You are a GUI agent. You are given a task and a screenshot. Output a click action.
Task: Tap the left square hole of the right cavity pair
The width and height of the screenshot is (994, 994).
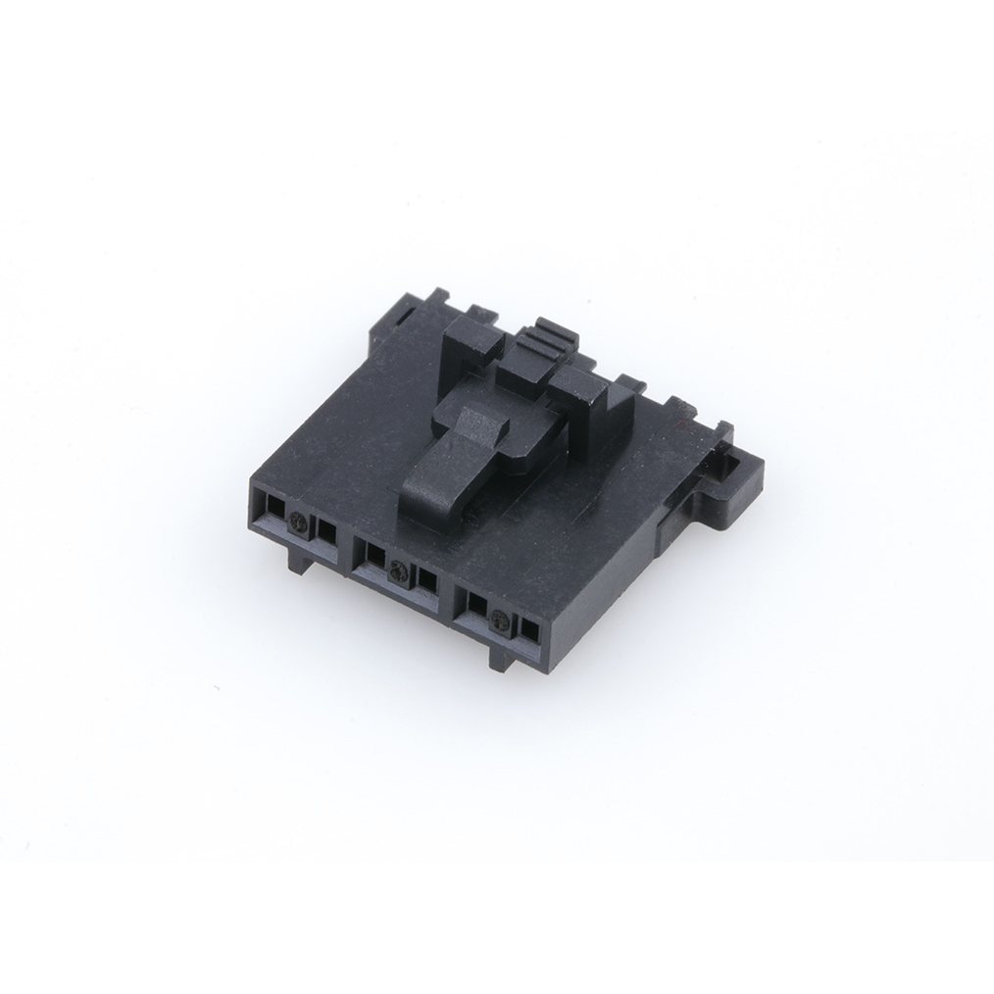click(476, 604)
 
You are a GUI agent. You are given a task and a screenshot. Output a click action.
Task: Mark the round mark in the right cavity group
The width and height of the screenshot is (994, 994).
click(501, 620)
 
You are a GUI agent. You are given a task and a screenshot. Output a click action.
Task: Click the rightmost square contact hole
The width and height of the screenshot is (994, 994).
click(530, 629)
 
